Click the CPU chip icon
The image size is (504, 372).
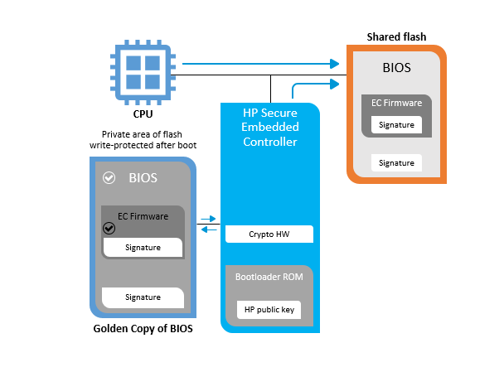coord(142,70)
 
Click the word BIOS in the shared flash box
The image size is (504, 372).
coord(396,67)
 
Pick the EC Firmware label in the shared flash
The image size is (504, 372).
coord(396,104)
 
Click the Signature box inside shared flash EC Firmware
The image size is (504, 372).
coord(396,125)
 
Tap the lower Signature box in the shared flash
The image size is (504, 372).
coord(396,162)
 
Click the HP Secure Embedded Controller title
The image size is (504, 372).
coord(269,127)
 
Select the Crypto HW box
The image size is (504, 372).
coord(269,234)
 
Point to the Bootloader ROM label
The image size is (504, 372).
coord(269,277)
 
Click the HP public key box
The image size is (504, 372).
coord(269,310)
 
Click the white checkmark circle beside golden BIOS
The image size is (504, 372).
coord(109,178)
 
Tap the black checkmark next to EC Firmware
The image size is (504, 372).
coord(109,228)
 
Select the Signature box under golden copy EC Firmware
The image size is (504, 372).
coord(143,247)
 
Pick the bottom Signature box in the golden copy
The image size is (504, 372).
coord(143,297)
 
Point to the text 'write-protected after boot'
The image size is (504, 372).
coord(142,145)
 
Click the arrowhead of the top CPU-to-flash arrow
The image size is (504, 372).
coord(335,63)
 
